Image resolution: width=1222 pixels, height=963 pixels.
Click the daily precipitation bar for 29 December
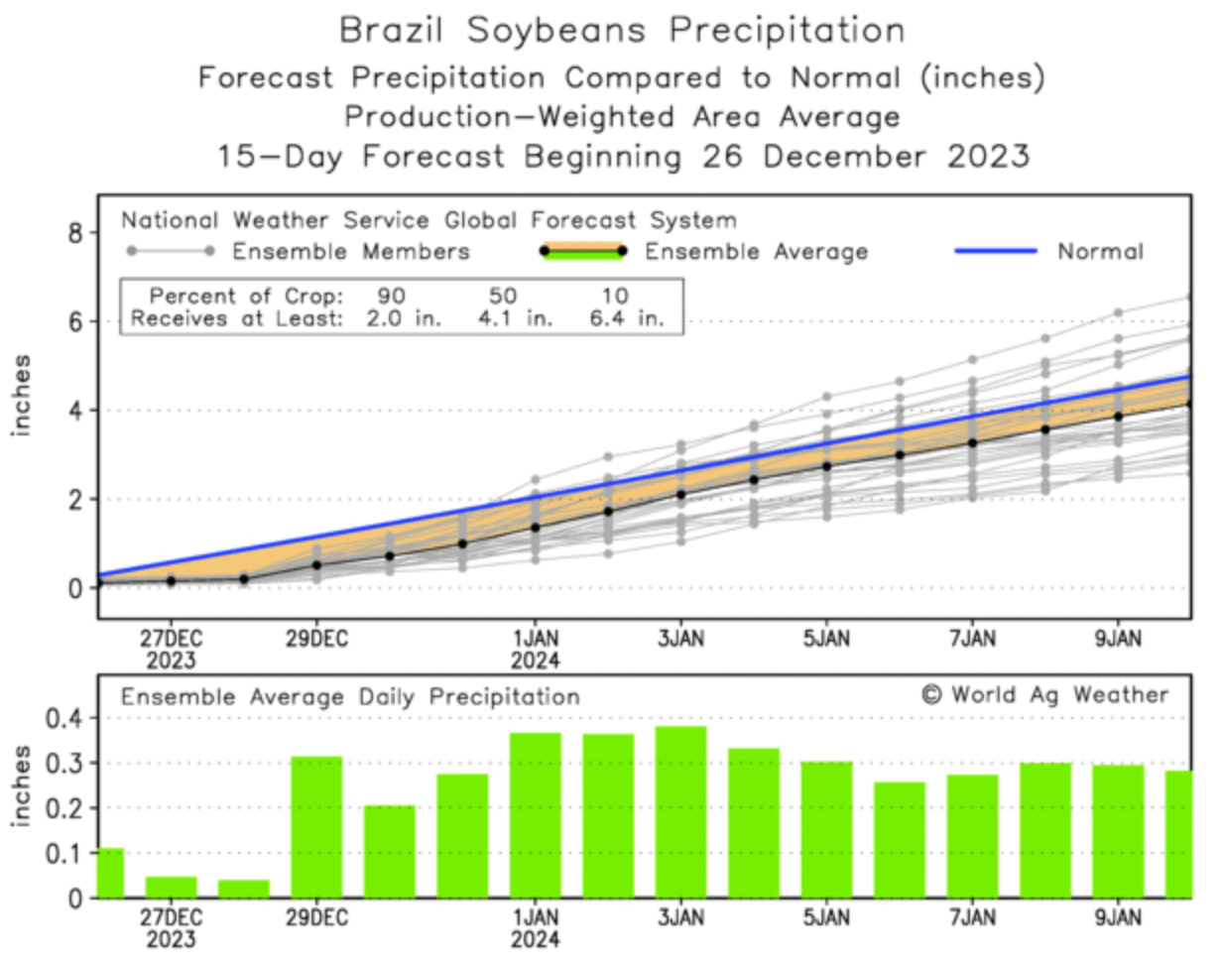316,827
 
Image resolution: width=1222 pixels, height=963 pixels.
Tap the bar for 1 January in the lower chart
536,815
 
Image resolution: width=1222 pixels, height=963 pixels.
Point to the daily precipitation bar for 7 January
972,836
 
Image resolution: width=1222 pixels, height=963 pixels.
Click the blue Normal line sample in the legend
996,252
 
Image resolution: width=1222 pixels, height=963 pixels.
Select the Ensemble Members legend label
351,252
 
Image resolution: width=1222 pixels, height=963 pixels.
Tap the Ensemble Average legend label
757,252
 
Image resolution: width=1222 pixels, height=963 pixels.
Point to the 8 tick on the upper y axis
78,233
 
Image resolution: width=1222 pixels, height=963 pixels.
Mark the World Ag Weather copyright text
1045,695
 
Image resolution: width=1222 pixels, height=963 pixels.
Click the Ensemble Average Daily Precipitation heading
350,697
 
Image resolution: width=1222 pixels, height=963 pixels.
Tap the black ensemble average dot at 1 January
536,528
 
